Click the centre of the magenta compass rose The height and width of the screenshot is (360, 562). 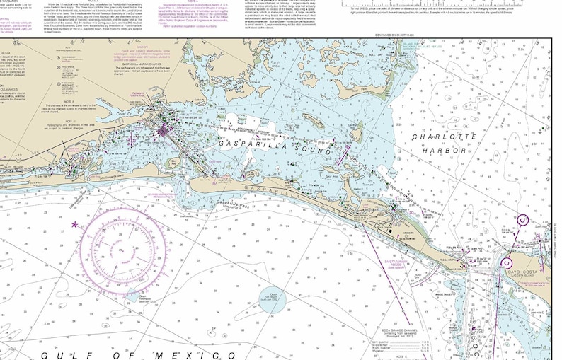point(125,252)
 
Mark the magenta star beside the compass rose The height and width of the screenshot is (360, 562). point(76,225)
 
